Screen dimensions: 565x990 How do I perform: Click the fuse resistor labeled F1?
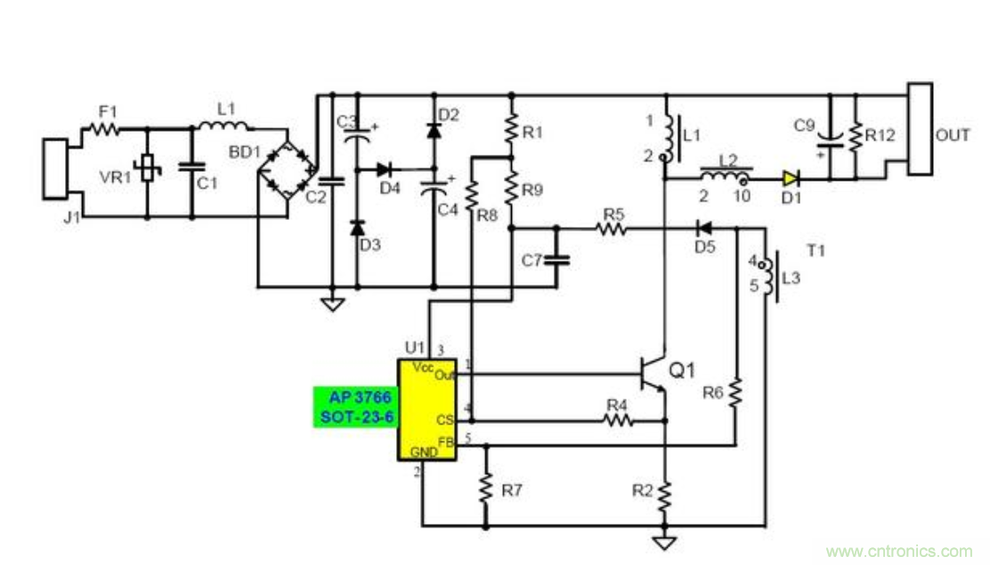(106, 129)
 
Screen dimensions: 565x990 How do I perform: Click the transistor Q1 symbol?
(655, 374)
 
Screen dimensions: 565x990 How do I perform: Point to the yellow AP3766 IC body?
(426, 409)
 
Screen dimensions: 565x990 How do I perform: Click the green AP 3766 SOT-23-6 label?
(355, 407)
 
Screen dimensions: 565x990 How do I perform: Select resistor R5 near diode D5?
(613, 229)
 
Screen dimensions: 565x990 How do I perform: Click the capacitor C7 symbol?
(557, 260)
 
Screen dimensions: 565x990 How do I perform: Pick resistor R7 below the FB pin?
(486, 488)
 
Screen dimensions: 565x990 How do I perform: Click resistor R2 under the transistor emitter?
(664, 493)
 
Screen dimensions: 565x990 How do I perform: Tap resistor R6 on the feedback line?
(736, 392)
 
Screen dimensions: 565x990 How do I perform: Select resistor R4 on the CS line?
(617, 420)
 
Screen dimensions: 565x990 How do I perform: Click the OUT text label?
(953, 135)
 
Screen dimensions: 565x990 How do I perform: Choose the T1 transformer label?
(816, 251)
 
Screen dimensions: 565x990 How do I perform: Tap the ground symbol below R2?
(664, 541)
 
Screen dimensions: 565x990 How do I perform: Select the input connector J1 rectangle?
(55, 169)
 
